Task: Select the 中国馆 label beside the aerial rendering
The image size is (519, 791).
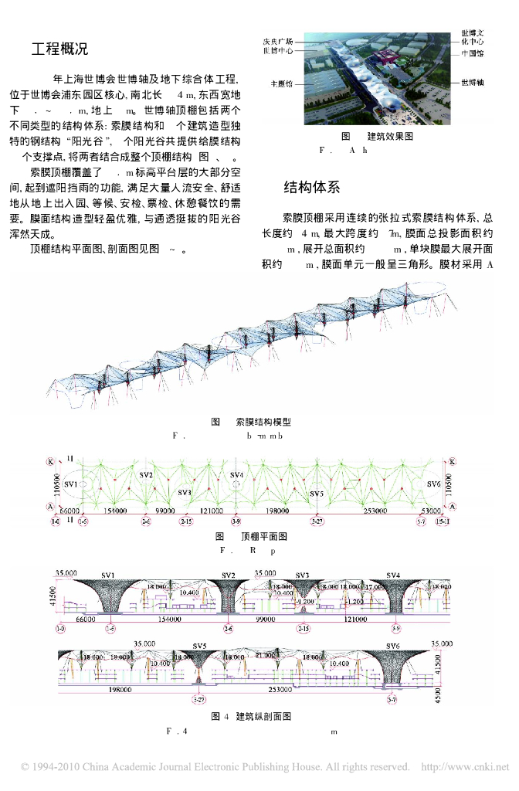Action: coord(472,54)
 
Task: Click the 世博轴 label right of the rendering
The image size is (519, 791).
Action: coord(472,81)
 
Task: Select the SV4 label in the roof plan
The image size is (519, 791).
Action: coord(236,475)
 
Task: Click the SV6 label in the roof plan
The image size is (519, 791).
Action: coord(433,484)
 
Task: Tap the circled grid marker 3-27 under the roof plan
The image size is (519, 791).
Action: coord(317,522)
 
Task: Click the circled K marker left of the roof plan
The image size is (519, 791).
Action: coord(50,461)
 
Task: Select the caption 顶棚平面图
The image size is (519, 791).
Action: coord(264,536)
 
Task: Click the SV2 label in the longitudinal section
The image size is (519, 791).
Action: coord(229,575)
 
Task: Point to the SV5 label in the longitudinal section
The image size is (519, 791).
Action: coord(200,645)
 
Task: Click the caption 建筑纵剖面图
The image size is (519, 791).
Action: coord(263,716)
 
